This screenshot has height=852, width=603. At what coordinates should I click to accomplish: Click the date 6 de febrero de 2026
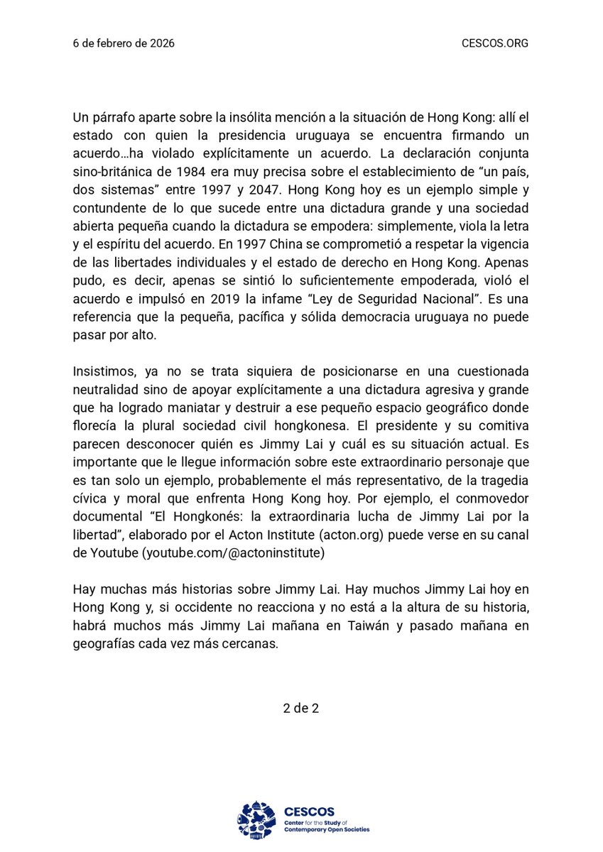pos(124,43)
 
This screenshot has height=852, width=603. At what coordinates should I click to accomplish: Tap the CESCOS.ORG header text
pos(494,43)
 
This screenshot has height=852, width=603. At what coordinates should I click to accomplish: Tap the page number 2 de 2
pos(301,708)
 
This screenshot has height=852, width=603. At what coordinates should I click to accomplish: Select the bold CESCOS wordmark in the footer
pos(309,811)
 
